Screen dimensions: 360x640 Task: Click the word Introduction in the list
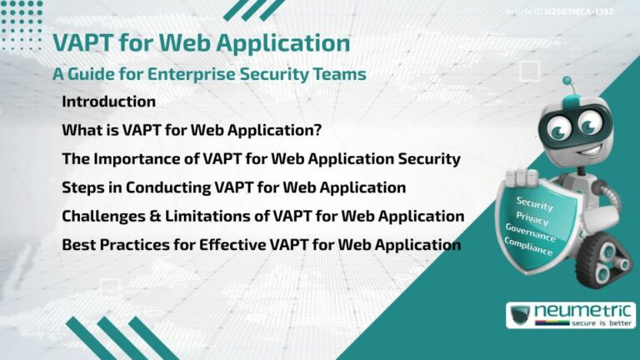coord(108,102)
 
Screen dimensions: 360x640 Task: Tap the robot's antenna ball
coord(567,81)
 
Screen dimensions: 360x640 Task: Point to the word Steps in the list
coord(82,187)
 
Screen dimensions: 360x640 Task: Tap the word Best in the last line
coord(78,245)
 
